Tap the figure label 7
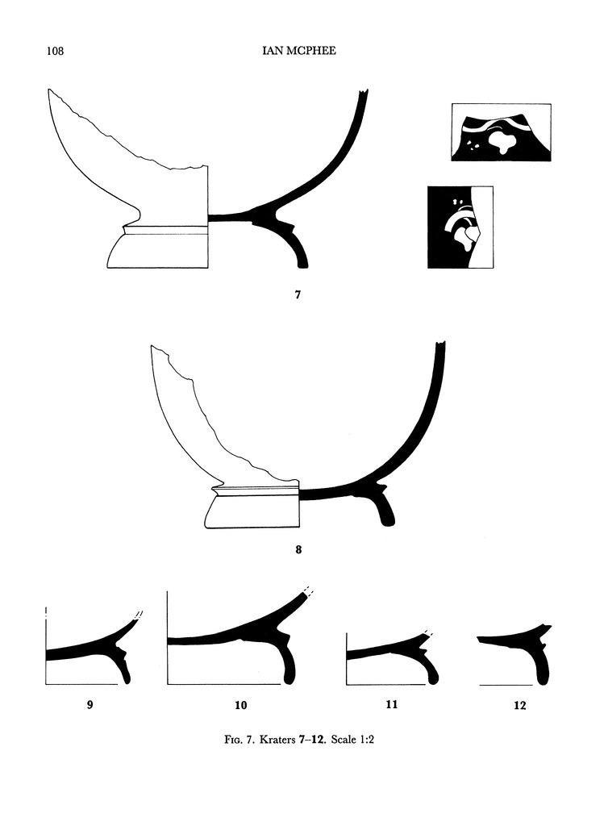coord(298,295)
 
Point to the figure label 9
coord(90,704)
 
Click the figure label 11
coord(392,704)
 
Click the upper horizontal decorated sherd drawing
coord(501,132)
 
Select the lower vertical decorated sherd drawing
coord(460,227)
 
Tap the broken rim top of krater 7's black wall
coord(363,94)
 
